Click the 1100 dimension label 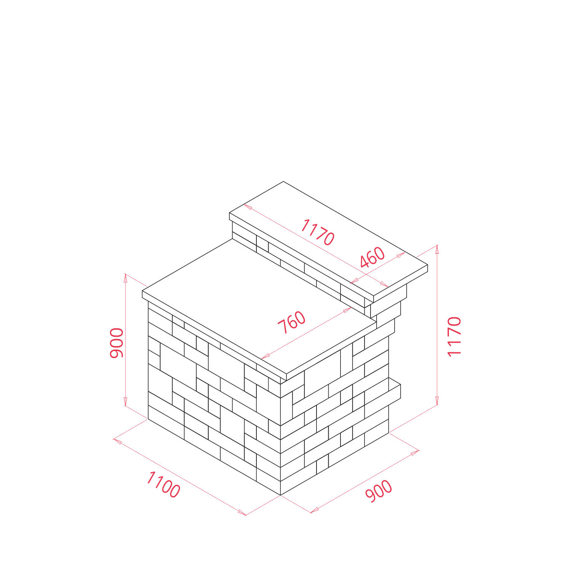[163, 484]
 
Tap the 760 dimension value [292, 323]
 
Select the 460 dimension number [373, 258]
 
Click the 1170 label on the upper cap [318, 232]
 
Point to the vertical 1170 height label [454, 336]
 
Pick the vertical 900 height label [117, 343]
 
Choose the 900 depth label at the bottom [379, 491]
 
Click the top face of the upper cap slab [329, 239]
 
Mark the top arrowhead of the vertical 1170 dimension [437, 249]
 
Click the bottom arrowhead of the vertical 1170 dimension [437, 401]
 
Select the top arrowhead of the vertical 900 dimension [126, 278]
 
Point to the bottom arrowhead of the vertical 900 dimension [126, 402]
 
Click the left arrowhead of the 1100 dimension [117, 441]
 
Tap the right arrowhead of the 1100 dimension [242, 513]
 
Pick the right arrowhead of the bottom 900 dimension [415, 453]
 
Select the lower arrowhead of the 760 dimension [266, 356]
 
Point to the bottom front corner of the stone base [280, 495]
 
